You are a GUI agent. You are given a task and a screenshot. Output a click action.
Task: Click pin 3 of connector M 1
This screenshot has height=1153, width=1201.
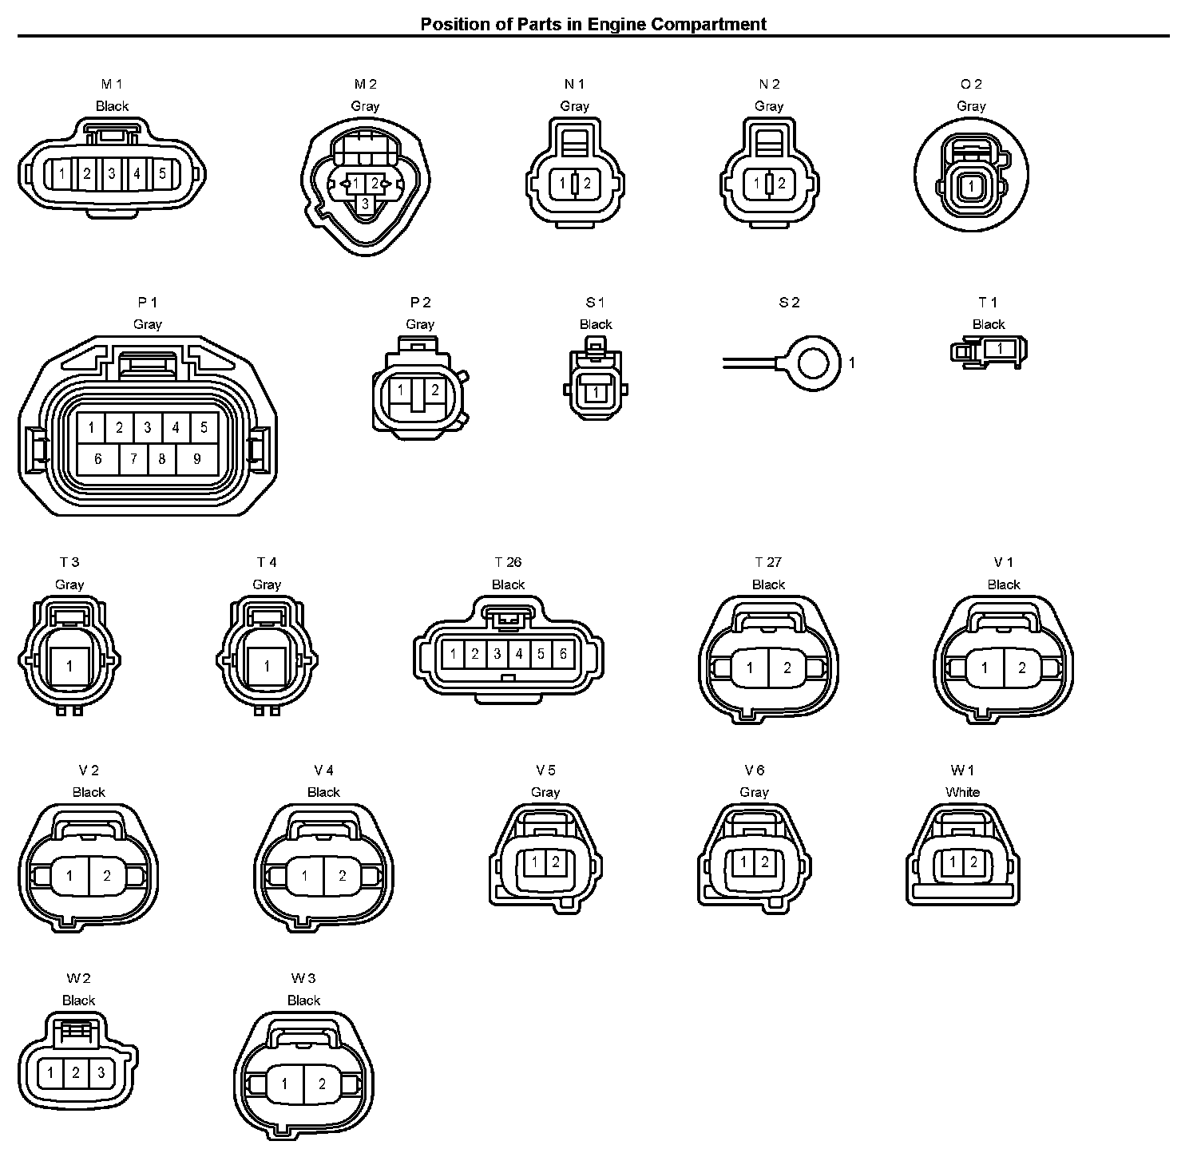point(112,172)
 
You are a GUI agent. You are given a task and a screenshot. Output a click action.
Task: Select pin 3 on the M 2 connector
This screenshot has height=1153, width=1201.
point(365,204)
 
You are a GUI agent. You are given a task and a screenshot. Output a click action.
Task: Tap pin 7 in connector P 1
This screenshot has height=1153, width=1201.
point(133,459)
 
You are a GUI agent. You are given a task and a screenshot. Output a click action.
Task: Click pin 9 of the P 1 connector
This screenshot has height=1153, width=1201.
point(196,459)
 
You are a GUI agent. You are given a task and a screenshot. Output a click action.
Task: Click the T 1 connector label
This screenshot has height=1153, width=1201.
point(988,302)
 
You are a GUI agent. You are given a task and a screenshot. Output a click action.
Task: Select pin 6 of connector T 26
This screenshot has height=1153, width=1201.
point(563,655)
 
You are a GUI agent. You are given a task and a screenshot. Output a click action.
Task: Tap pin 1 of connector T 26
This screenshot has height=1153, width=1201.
point(453,655)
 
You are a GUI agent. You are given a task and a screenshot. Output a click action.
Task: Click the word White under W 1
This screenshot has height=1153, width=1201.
point(962,792)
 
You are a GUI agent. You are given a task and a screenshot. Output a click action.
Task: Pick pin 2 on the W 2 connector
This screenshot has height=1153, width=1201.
point(76,1072)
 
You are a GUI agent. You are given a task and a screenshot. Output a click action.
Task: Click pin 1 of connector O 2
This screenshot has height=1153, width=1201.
point(971,186)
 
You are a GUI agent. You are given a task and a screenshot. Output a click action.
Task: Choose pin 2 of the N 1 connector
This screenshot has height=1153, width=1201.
point(587,184)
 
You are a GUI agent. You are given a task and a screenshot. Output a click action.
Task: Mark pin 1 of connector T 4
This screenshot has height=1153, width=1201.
point(267,666)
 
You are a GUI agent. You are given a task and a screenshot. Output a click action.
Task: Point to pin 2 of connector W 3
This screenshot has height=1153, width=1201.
point(322,1084)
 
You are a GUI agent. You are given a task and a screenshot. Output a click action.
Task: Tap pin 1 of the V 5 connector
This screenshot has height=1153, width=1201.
point(536,862)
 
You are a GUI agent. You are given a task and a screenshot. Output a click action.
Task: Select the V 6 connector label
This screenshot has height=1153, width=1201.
point(754,770)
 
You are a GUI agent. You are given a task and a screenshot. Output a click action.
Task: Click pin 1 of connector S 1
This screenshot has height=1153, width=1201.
point(596,392)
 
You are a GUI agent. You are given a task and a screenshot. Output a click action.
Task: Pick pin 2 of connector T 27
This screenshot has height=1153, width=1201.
point(787,668)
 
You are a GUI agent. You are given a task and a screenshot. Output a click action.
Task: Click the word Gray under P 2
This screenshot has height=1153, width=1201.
point(420,324)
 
